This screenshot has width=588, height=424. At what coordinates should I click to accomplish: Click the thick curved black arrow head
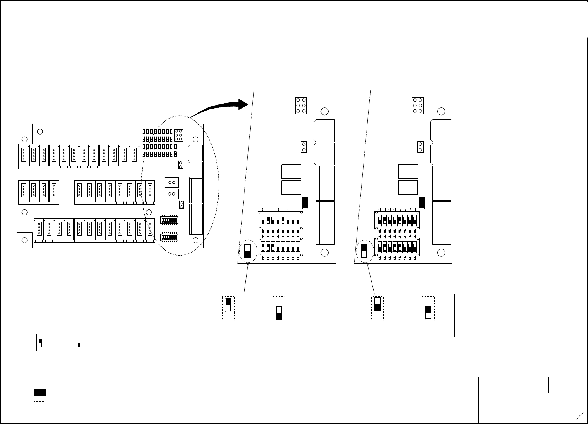pos(244,104)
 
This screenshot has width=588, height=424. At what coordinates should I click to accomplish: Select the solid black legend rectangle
pos(40,392)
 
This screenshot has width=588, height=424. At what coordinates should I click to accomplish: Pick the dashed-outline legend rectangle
pos(40,404)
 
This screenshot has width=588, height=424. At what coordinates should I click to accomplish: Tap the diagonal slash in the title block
pos(579,416)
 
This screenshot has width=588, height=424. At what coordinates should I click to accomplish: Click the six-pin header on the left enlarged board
pos(301,106)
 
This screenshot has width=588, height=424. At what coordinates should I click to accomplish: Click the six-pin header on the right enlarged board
pos(418,106)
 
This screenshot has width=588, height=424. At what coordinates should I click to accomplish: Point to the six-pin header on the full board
pos(179,135)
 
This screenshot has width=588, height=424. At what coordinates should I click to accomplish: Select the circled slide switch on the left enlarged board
pos(247,251)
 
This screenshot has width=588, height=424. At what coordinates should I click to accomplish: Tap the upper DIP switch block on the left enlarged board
pos(280,220)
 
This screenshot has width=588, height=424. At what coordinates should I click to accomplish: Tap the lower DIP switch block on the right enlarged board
pos(397,247)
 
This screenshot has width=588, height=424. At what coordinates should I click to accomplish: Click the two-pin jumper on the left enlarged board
pos(304,147)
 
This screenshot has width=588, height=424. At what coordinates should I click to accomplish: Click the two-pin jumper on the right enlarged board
pos(420,147)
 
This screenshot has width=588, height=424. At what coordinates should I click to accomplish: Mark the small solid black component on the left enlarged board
pos(305,203)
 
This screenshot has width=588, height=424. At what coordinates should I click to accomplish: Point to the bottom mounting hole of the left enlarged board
pos(325,253)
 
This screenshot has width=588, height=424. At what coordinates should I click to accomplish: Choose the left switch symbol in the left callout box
pos(228,305)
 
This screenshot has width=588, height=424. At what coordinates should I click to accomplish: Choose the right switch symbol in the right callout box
pos(428,312)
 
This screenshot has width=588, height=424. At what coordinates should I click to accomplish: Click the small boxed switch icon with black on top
pos(40,343)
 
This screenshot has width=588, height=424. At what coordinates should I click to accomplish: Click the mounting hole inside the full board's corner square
pos(24,241)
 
